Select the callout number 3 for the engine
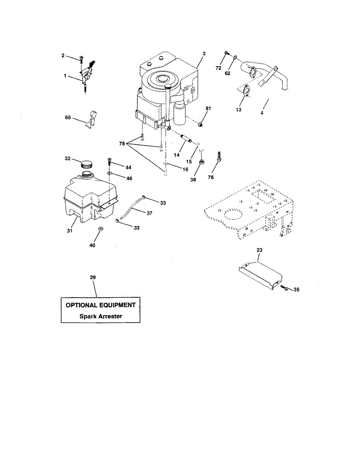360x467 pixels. point(204,53)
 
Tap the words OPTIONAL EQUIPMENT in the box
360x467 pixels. point(100,305)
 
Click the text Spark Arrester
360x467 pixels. point(100,316)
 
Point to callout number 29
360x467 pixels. point(93,277)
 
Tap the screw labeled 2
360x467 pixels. point(81,59)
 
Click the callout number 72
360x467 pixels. point(218,68)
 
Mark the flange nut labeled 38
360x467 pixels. point(202,162)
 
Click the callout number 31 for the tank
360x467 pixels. point(70,231)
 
